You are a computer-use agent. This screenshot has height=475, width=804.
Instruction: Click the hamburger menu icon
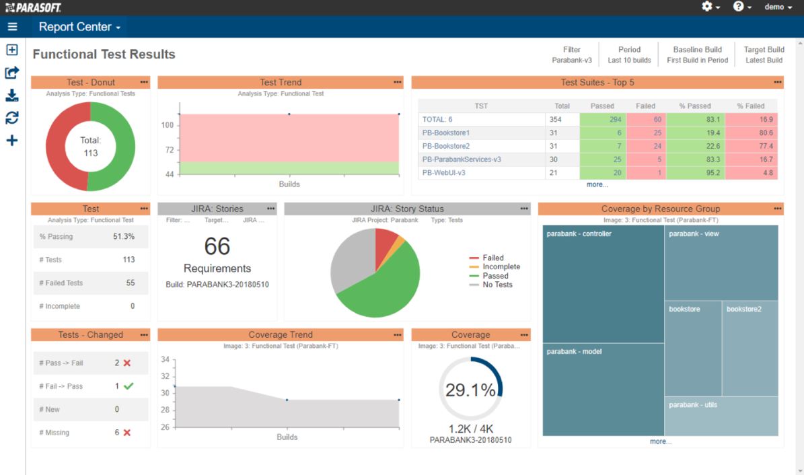(x=12, y=27)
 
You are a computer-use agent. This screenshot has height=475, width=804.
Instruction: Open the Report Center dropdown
(x=79, y=27)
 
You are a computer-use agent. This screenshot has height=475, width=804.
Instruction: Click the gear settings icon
(x=707, y=6)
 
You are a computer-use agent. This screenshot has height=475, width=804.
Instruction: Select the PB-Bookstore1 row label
(x=445, y=133)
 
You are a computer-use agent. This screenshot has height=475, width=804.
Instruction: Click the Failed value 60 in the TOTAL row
(x=657, y=120)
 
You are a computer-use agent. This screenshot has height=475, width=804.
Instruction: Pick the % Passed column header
(x=695, y=106)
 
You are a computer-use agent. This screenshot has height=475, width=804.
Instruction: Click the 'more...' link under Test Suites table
(x=597, y=184)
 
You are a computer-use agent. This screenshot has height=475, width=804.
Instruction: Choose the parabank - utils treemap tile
(x=721, y=416)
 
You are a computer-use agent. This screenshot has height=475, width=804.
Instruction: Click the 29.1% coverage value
(x=470, y=390)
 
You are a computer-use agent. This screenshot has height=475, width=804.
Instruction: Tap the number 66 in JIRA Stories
(x=217, y=247)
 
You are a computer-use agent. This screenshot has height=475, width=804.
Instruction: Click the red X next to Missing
(x=127, y=433)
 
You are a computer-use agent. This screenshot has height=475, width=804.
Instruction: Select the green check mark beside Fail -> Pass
(x=129, y=386)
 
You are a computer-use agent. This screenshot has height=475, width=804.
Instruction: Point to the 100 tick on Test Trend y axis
(x=168, y=125)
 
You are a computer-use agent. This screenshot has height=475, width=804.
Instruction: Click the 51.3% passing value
(x=124, y=236)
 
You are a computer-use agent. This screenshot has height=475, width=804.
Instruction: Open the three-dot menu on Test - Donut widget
(x=144, y=82)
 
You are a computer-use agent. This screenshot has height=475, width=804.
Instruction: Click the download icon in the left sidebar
(x=12, y=96)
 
